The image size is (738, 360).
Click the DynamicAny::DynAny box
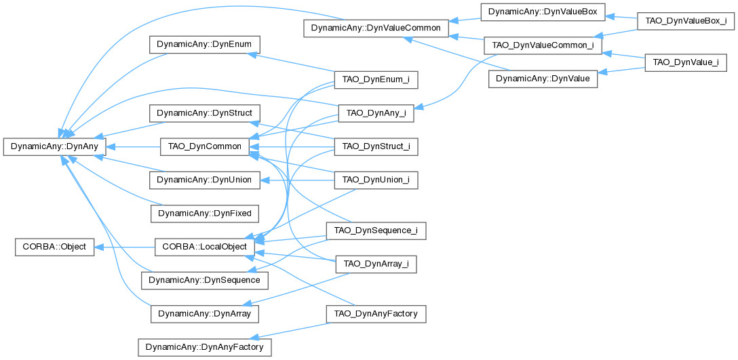55,146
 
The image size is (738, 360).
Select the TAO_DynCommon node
204,146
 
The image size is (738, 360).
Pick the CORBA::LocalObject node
204,247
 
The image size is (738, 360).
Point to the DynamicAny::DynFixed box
204,214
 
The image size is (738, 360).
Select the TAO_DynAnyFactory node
376,314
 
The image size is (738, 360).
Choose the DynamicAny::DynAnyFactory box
204,347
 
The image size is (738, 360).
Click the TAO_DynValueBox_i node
685,21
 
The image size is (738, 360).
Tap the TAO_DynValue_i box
685,62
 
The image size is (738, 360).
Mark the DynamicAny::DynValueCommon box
375,28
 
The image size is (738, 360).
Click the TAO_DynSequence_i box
376,231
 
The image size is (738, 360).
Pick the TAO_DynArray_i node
376,264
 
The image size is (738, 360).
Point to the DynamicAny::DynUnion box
204,180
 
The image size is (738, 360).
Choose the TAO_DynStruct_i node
376,146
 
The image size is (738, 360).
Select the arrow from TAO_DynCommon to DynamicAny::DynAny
132,146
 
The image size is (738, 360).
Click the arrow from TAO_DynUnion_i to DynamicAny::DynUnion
298,180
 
